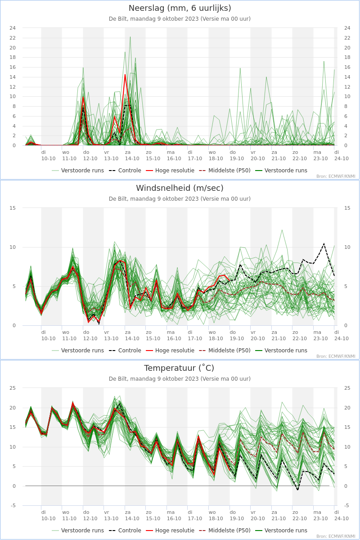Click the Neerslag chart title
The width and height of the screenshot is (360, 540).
(180, 8)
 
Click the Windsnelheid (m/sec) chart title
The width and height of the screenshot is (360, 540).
(180, 188)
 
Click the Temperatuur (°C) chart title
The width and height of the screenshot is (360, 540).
(179, 368)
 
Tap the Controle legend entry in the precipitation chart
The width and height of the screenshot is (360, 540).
(125, 171)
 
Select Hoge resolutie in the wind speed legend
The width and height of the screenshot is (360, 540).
(170, 350)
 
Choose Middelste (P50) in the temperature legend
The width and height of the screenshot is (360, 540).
(225, 531)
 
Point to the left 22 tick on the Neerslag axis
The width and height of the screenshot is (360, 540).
(13, 38)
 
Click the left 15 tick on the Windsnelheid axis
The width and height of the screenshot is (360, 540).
(13, 208)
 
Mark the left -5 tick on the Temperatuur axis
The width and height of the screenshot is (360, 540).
(13, 505)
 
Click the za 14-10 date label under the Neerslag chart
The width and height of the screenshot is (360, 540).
(132, 156)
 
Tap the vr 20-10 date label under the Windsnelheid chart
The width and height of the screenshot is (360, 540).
(258, 335)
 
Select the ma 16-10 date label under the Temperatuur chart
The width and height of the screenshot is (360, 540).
(174, 515)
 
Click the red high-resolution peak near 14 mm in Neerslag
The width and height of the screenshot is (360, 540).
(125, 75)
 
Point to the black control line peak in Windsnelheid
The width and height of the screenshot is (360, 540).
(324, 243)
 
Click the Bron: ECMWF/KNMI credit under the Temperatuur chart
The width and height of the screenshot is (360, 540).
(336, 536)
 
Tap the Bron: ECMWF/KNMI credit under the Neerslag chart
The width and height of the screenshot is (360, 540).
(336, 176)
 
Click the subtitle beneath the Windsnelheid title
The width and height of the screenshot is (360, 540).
(180, 198)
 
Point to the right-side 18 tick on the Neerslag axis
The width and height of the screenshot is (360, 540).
(347, 58)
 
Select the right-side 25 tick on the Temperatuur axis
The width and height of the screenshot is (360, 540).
(347, 388)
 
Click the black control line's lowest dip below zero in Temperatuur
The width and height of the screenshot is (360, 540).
(298, 490)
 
